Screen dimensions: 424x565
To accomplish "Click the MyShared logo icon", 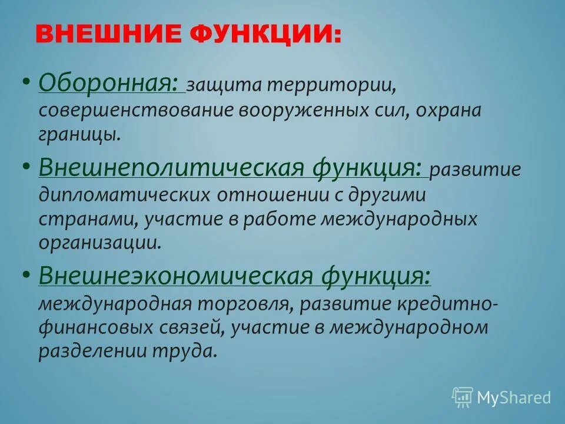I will click(x=463, y=397).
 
